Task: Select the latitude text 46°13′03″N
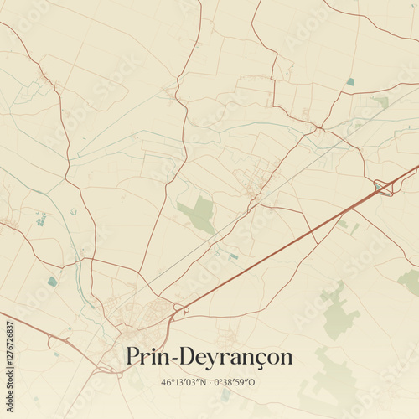(185, 381)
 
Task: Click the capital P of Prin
(133, 356)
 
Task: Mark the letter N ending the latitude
(204, 381)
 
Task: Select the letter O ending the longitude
(256, 381)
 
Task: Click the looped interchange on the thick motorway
(384, 188)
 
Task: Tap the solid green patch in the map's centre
(199, 213)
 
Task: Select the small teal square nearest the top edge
(350, 81)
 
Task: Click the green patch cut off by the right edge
(410, 281)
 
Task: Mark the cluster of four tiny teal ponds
(40, 220)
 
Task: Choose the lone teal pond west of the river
(53, 282)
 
